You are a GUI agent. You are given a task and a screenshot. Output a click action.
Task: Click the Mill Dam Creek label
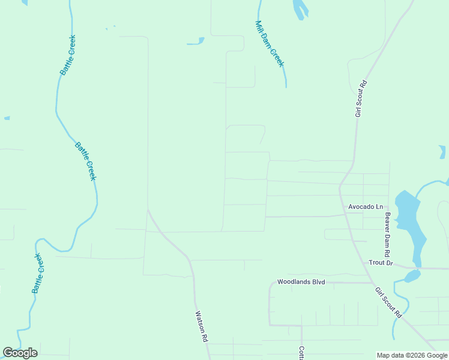(x=269, y=44)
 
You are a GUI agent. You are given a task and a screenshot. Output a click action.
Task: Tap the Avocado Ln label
(x=365, y=207)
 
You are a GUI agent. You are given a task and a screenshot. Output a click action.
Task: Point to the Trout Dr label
(x=381, y=263)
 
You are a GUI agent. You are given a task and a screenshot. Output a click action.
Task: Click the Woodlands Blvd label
(x=301, y=281)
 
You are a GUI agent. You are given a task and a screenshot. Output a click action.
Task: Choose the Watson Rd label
(x=201, y=326)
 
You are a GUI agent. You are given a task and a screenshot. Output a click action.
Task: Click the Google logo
(x=20, y=353)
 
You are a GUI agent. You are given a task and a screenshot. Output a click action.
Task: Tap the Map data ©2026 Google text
(x=412, y=355)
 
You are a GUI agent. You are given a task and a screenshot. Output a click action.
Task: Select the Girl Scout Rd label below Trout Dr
(x=388, y=302)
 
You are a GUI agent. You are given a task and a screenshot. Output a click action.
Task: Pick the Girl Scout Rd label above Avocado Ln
(x=361, y=98)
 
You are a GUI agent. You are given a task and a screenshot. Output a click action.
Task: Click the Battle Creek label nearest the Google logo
(x=38, y=273)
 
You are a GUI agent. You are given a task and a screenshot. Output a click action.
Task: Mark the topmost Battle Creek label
(x=68, y=55)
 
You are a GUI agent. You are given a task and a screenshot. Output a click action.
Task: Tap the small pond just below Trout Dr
(x=412, y=276)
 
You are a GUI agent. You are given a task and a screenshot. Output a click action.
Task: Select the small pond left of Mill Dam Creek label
(x=196, y=42)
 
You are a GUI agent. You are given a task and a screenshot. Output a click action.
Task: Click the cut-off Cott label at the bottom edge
(x=302, y=353)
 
